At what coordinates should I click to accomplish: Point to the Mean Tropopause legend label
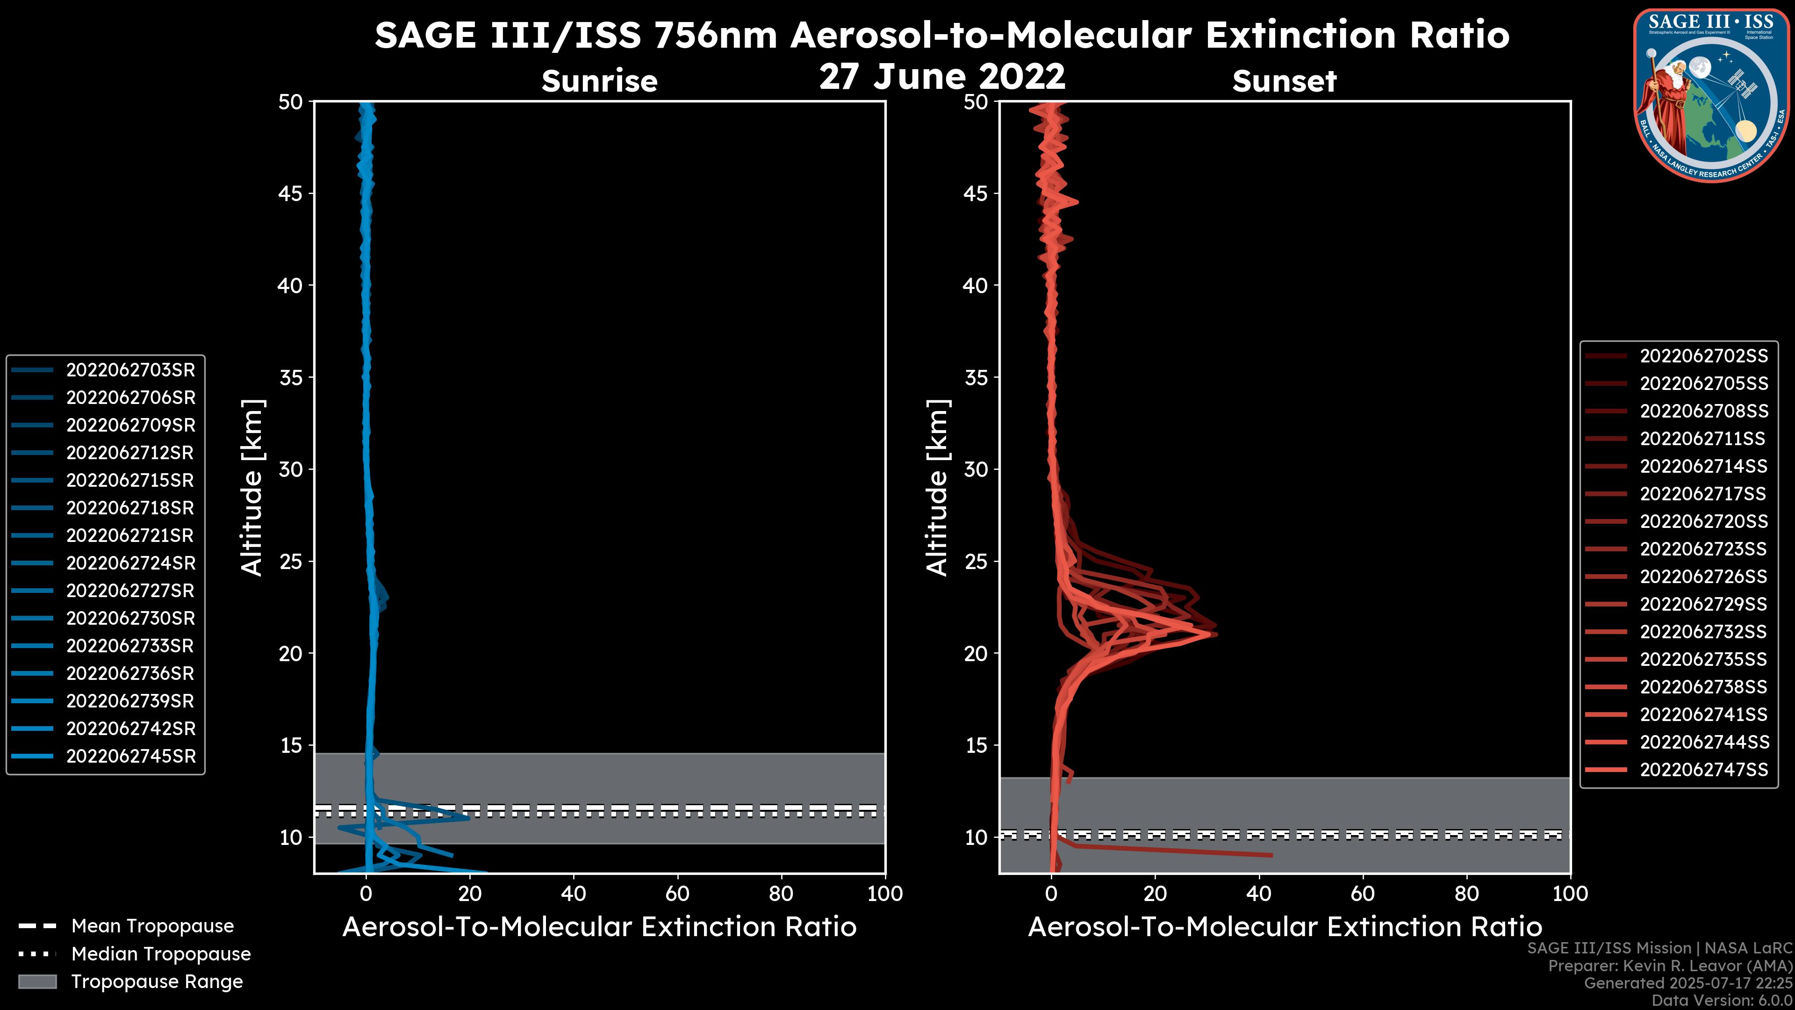[x=152, y=926]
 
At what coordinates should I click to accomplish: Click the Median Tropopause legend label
[x=161, y=954]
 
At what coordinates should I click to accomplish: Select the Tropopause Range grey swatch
[x=37, y=981]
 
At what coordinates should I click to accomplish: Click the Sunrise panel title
[x=599, y=81]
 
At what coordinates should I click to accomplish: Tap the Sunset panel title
[x=1284, y=81]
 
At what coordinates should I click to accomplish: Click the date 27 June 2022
[x=942, y=77]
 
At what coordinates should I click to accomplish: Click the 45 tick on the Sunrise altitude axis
[x=291, y=194]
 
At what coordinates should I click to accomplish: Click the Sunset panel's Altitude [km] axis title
[x=937, y=488]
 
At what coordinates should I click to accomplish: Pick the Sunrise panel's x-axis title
[x=599, y=927]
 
